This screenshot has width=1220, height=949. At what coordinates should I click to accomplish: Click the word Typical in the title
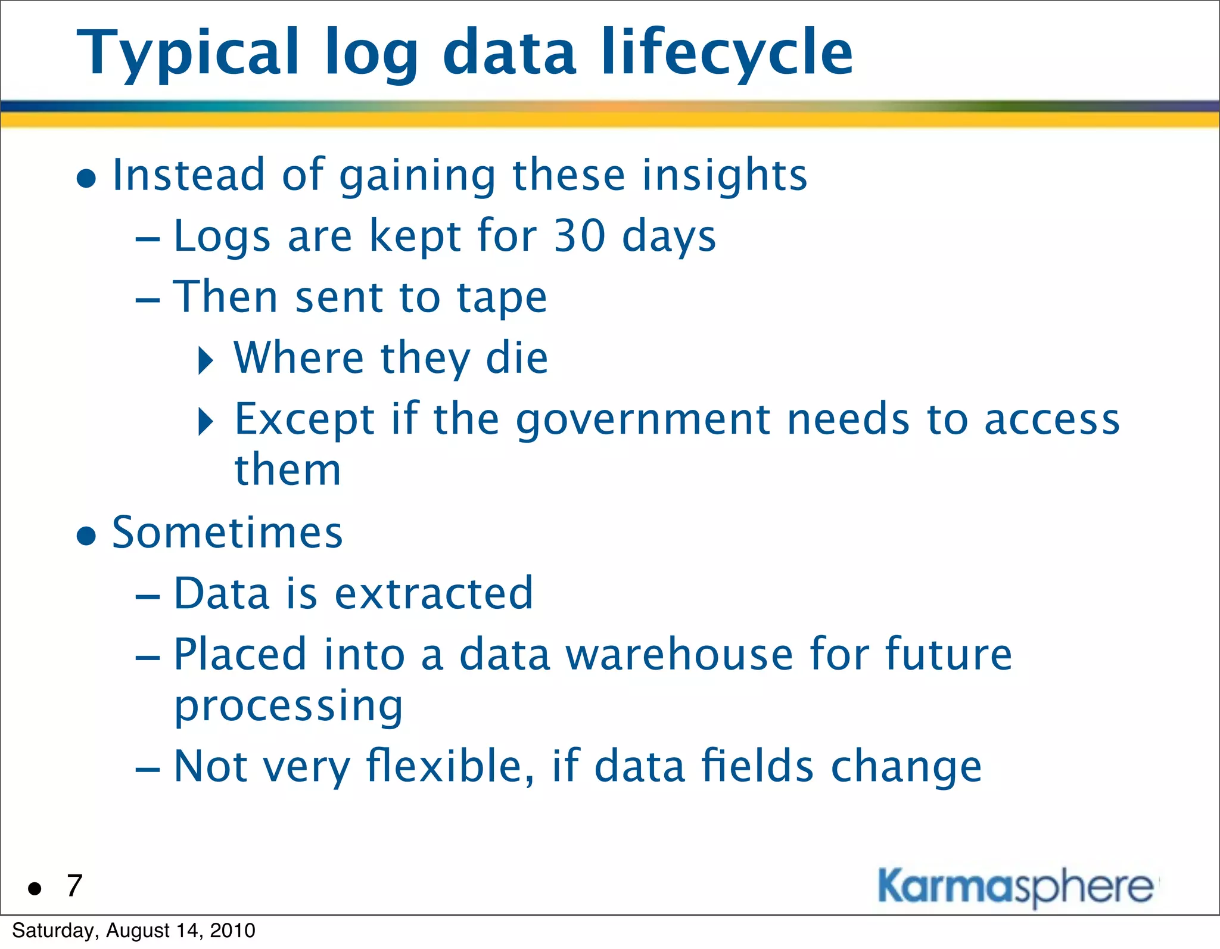pyautogui.click(x=188, y=55)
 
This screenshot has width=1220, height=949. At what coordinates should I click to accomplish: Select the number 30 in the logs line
pyautogui.click(x=579, y=237)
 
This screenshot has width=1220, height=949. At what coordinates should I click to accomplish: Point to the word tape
pyautogui.click(x=501, y=298)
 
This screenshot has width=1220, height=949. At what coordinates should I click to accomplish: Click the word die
pyautogui.click(x=516, y=359)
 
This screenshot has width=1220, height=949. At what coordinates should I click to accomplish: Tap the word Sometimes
pyautogui.click(x=227, y=533)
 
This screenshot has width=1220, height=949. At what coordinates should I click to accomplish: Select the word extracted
pyautogui.click(x=434, y=594)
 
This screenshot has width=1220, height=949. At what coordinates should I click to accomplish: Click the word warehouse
pyautogui.click(x=679, y=655)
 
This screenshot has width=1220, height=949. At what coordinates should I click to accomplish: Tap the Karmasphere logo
pyautogui.click(x=1016, y=887)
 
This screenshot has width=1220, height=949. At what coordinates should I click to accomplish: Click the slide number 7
pyautogui.click(x=74, y=886)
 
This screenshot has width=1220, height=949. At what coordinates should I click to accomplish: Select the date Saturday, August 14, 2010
pyautogui.click(x=133, y=931)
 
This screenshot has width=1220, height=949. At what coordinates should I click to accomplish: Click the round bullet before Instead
pyautogui.click(x=87, y=178)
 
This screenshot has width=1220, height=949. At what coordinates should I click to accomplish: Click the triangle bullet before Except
pyautogui.click(x=206, y=422)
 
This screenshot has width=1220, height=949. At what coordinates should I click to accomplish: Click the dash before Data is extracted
pyautogui.click(x=148, y=596)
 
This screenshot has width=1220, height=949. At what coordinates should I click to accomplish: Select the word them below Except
pyautogui.click(x=288, y=471)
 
